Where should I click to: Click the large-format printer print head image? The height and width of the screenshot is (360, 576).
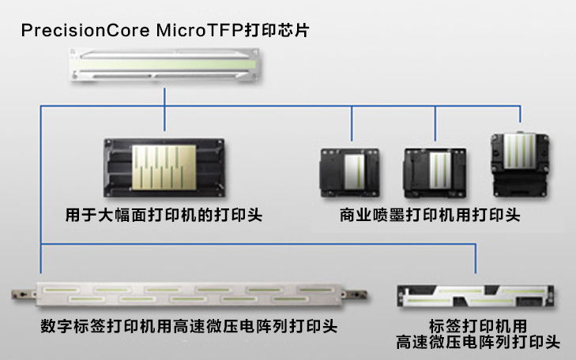click(164, 169)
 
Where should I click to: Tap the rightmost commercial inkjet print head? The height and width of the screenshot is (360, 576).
click(520, 165)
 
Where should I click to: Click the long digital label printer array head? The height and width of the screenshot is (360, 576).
click(190, 294)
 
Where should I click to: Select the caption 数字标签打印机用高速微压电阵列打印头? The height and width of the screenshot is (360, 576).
click(189, 326)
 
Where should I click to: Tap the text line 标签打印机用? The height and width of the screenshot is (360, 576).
click(478, 325)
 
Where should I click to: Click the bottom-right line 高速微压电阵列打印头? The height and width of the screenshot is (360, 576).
click(478, 343)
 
